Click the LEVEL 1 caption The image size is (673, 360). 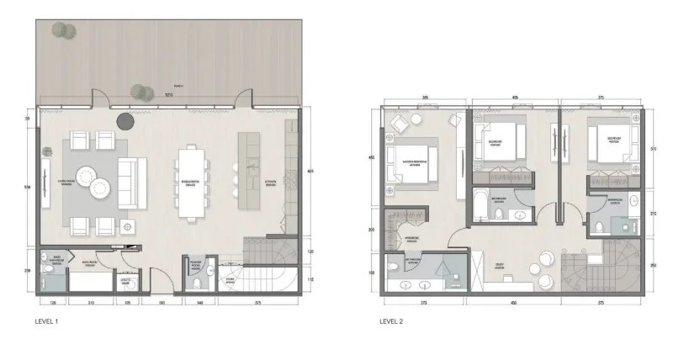pyautogui.click(x=47, y=320)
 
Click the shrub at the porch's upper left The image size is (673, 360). pyautogui.click(x=60, y=29)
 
